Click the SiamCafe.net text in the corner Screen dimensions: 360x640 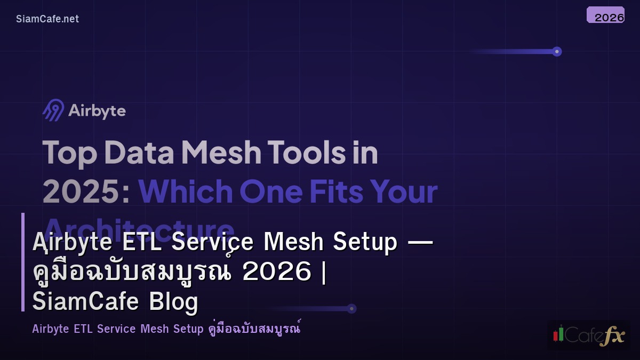(47, 19)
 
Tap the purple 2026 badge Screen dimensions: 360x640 (605, 15)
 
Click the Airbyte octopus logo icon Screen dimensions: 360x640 (53, 110)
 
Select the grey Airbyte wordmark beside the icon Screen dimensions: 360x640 (97, 111)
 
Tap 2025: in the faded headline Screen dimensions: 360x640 (86, 191)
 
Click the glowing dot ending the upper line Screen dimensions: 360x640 (557, 52)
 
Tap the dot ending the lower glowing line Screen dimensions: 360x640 (351, 308)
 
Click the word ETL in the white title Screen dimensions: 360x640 (140, 242)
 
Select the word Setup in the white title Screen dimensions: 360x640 (365, 242)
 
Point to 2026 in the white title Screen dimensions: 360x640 (276, 272)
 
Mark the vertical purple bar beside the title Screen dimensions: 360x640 (23, 262)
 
